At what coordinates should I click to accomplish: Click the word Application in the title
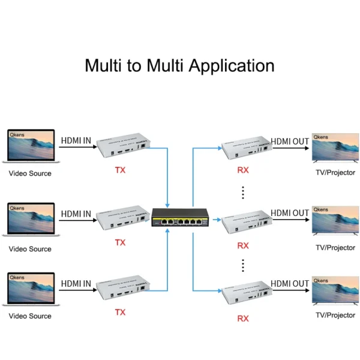232,65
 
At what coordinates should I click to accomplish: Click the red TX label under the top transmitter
121,170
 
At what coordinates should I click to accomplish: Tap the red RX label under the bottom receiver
243,319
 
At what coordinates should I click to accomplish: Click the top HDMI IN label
76,141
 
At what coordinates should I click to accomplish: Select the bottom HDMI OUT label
290,283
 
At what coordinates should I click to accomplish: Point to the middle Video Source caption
30,248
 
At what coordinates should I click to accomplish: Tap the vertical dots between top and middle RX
243,192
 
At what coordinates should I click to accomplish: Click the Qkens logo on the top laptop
17,136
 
